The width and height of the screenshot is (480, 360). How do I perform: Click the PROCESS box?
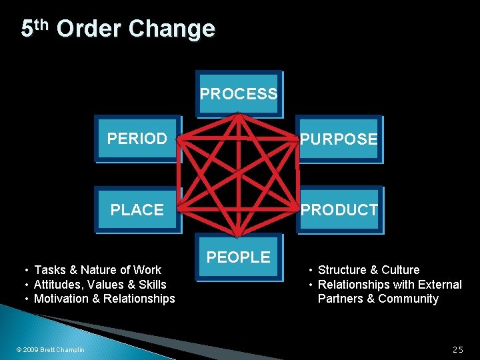pyautogui.click(x=239, y=94)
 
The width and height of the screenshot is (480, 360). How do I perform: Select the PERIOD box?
pyautogui.click(x=137, y=139)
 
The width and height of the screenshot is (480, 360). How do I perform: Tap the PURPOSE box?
pyautogui.click(x=339, y=139)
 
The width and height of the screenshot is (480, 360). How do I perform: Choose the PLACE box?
pyautogui.click(x=137, y=209)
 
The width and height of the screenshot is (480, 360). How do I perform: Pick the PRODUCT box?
pyautogui.click(x=339, y=209)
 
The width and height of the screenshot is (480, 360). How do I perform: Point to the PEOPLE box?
pyautogui.click(x=239, y=257)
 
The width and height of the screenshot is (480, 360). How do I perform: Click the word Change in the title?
pyautogui.click(x=171, y=29)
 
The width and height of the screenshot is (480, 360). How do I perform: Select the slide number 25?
pyautogui.click(x=457, y=349)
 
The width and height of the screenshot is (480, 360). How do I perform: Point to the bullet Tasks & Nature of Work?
pyautogui.click(x=97, y=270)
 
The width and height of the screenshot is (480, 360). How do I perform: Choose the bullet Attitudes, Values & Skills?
pyautogui.click(x=100, y=285)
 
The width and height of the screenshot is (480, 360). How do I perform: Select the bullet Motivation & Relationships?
pyautogui.click(x=104, y=299)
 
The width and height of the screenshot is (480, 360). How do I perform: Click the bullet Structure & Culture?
pyautogui.click(x=369, y=270)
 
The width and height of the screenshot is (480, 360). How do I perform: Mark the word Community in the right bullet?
pyautogui.click(x=409, y=299)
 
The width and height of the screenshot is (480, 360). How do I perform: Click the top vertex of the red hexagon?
pyautogui.click(x=238, y=115)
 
